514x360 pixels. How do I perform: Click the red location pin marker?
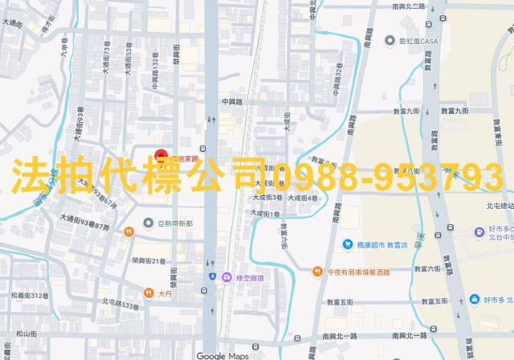tap(160, 154)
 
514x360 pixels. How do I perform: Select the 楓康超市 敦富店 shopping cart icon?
tap(347, 244)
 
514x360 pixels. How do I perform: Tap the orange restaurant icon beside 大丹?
tap(148, 292)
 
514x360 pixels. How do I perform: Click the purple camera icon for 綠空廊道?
tap(227, 277)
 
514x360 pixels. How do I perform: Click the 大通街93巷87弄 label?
tap(89, 227)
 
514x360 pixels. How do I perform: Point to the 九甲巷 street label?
tap(63, 58)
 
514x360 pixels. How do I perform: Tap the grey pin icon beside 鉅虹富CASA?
tap(390, 41)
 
